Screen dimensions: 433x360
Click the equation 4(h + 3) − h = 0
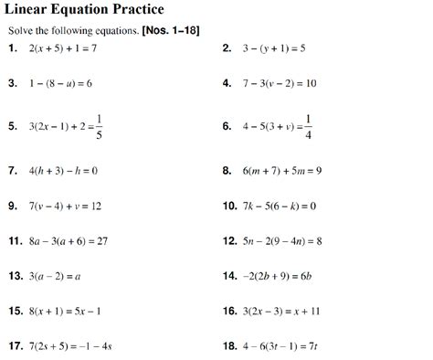pos(65,170)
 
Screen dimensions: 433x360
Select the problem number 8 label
pos(227,170)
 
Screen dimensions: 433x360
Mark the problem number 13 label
pos(16,275)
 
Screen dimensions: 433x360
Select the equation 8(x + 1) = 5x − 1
pos(67,311)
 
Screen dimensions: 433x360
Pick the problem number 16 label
pos(230,311)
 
